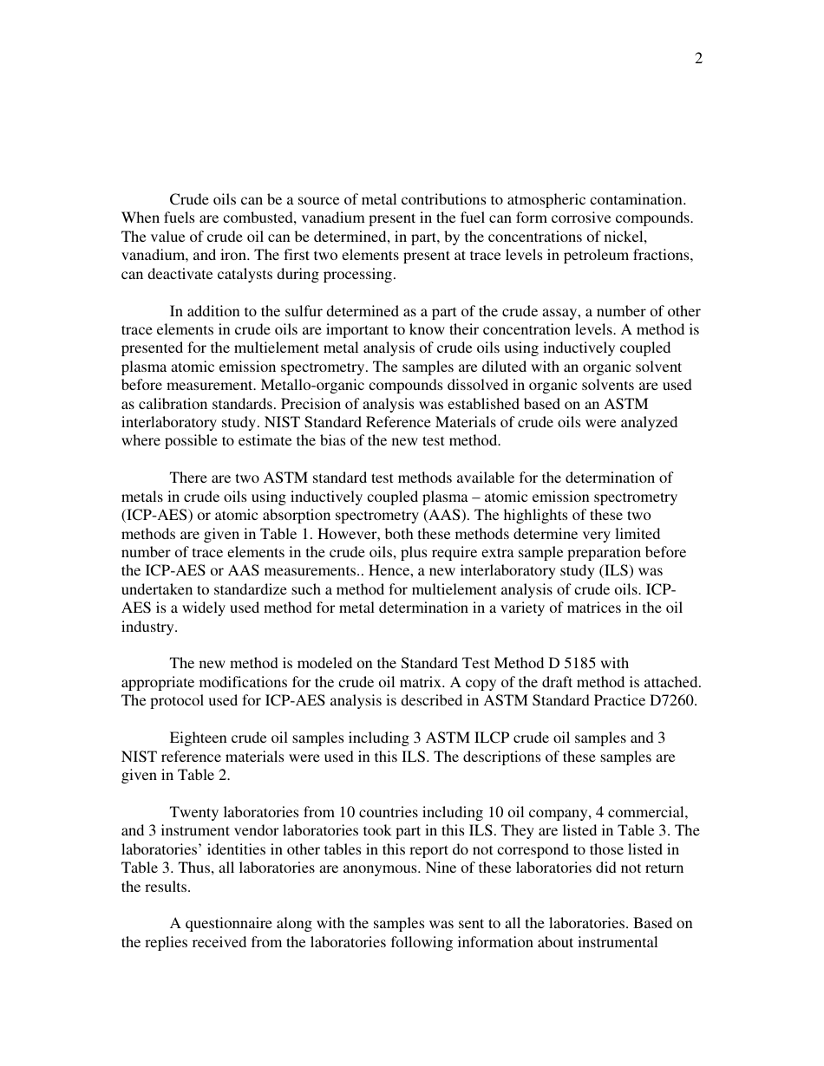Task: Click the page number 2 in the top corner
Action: pyautogui.click(x=698, y=59)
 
